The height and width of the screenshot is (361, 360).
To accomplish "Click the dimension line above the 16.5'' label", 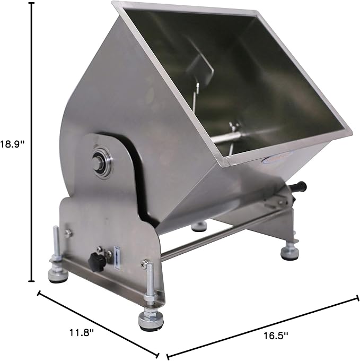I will pos(262,326).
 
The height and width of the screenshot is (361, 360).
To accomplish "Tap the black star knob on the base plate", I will pos(97,260).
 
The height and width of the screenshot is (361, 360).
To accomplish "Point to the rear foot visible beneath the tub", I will pos(199,226).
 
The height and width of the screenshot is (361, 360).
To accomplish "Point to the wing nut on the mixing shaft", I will pos(232,127).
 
